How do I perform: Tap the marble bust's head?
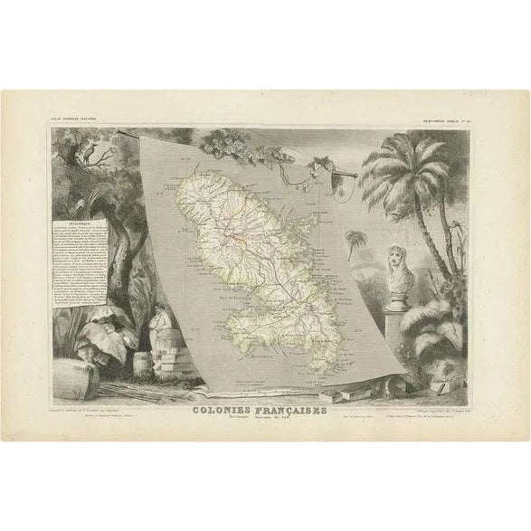coord(399,258)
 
